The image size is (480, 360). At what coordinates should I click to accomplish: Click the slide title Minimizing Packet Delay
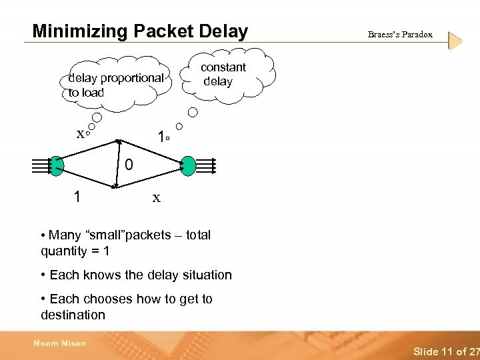pos(140,31)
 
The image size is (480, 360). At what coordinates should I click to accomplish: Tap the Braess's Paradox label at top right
pos(400,35)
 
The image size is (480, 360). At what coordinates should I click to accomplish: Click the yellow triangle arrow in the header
pos(455,41)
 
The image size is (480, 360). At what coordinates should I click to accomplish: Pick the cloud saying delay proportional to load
pos(116,85)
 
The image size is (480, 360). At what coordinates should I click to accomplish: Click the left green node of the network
pos(56,165)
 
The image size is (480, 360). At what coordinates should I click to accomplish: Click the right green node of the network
pos(188,165)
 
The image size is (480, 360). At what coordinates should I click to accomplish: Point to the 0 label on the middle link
pos(129,164)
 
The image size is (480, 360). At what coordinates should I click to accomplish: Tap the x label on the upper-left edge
pos(80,133)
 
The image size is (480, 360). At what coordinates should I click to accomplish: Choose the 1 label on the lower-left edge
pos(78,197)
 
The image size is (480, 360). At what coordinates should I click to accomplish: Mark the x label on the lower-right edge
pos(156,197)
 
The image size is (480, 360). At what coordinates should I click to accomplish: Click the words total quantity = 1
pos(75,251)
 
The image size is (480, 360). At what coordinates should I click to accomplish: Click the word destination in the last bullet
pos(73,315)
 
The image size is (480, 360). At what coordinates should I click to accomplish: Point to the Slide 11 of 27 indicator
pos(445,351)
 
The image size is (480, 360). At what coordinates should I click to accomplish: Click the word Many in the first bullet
pos(65,235)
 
